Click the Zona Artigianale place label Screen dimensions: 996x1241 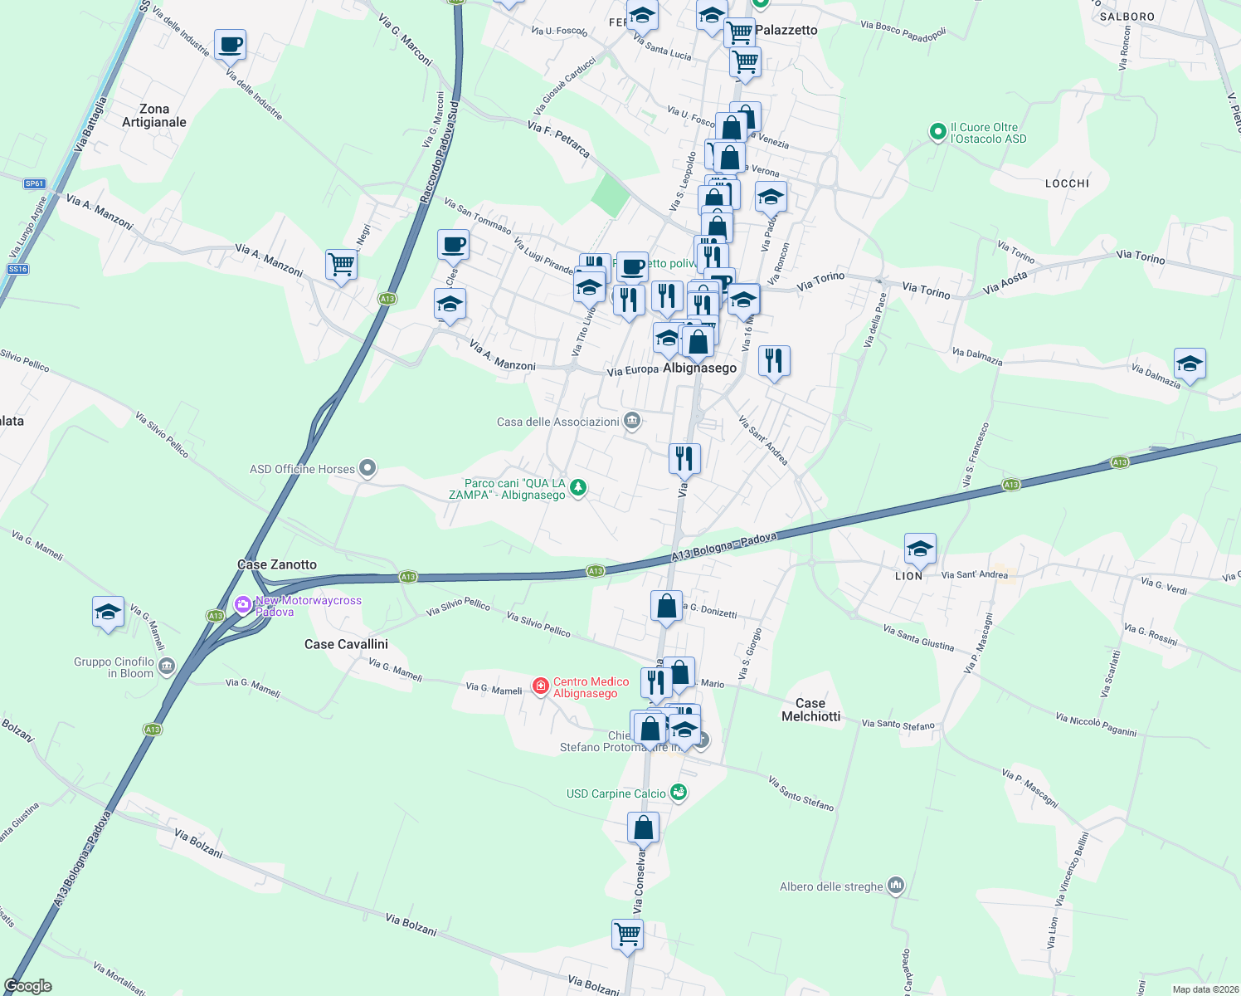(x=154, y=115)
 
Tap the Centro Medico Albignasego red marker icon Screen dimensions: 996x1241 (x=541, y=686)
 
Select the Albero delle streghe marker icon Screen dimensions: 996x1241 (x=895, y=886)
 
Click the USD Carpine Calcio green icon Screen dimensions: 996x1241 (x=679, y=793)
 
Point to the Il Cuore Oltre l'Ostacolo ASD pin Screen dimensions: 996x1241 (x=937, y=131)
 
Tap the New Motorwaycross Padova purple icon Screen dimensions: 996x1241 (x=243, y=604)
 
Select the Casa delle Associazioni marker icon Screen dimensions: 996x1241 (x=632, y=421)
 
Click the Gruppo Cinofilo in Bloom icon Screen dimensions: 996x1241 (x=167, y=666)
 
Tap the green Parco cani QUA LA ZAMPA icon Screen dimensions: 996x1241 (x=578, y=488)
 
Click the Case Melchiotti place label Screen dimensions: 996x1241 (x=810, y=710)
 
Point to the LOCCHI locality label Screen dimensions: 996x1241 (x=1067, y=183)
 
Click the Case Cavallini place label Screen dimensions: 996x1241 (x=346, y=644)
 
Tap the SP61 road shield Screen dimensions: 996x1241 (x=34, y=183)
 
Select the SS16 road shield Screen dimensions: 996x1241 (x=17, y=269)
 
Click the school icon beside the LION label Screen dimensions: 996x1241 (x=920, y=549)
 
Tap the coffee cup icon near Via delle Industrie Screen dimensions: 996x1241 (x=230, y=45)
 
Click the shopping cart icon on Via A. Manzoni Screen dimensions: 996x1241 (x=341, y=265)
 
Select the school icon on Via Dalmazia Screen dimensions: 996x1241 (x=1190, y=364)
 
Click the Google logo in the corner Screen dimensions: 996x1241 (x=28, y=985)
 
